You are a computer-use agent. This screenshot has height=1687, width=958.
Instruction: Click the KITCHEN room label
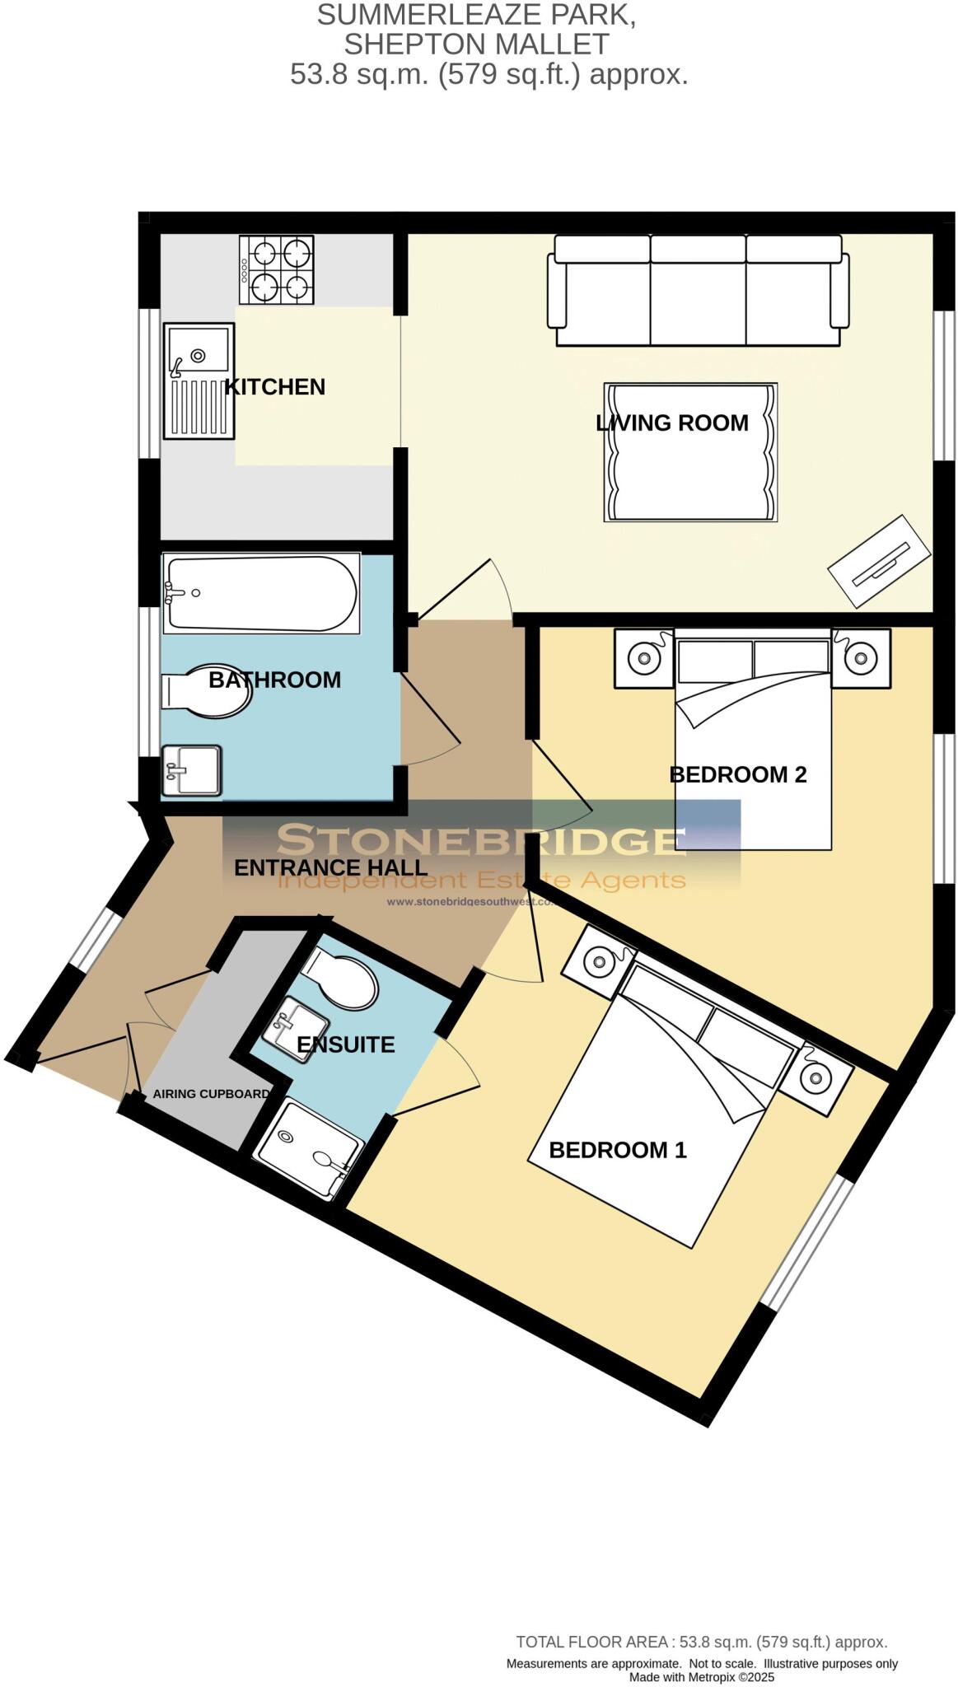click(275, 387)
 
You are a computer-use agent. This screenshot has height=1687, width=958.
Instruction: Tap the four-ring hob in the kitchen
click(277, 269)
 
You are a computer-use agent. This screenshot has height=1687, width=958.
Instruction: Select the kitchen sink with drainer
click(199, 380)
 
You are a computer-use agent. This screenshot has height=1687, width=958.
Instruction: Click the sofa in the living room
click(699, 291)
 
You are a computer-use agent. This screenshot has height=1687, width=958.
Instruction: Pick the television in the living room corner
click(879, 562)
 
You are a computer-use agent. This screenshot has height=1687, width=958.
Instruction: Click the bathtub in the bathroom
click(261, 593)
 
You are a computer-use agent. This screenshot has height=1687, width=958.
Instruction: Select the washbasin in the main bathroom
click(192, 770)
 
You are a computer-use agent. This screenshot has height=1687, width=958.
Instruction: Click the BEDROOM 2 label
click(737, 774)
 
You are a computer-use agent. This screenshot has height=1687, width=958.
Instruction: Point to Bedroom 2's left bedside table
click(643, 658)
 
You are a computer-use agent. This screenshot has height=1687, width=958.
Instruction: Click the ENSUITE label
click(345, 1044)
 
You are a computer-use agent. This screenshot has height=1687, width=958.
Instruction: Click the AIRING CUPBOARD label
click(211, 1094)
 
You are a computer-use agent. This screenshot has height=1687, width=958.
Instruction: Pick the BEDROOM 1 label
click(617, 1150)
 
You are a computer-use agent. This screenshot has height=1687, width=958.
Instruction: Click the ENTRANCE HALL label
click(330, 867)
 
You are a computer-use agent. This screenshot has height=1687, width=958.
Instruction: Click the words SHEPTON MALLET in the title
click(476, 44)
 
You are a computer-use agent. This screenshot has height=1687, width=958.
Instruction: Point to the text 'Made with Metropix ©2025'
click(701, 1676)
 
